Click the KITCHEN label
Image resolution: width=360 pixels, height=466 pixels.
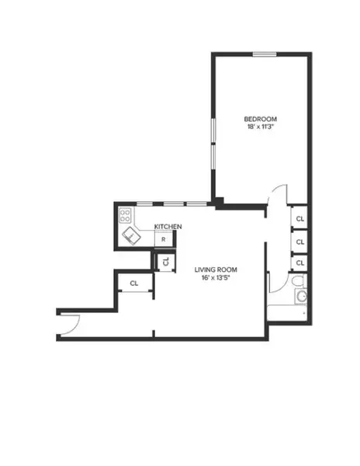(168, 226)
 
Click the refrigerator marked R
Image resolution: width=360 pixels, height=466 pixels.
(163, 239)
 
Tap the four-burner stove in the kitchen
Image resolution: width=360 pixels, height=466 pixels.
(125, 215)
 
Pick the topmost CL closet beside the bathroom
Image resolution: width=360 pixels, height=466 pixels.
(299, 219)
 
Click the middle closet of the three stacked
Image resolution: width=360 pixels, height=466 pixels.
(299, 242)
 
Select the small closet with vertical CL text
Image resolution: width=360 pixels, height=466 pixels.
(165, 262)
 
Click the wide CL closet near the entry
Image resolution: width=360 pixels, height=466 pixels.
(134, 283)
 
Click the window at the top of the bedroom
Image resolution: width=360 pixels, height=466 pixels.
(265, 54)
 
